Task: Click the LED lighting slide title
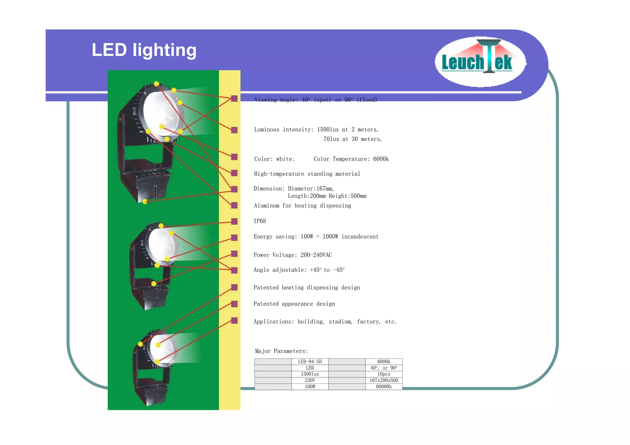coord(144,50)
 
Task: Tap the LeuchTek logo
coord(480,62)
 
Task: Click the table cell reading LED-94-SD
coord(310,362)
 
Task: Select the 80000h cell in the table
coord(384,387)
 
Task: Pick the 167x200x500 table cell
coord(384,380)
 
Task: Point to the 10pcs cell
coord(384,374)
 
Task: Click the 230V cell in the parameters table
coord(310,380)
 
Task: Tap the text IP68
coord(260,221)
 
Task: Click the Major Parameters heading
coord(281,351)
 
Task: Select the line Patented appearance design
coord(294,304)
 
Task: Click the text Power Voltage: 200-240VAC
coord(293,255)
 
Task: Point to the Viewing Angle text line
coord(316,100)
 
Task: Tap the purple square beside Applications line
coord(234,321)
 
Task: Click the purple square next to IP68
coord(234,221)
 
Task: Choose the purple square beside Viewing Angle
coord(234,98)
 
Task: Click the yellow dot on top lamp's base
coord(145,202)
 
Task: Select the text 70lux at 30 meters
coord(352,139)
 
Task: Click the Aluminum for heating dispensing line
coord(302,206)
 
